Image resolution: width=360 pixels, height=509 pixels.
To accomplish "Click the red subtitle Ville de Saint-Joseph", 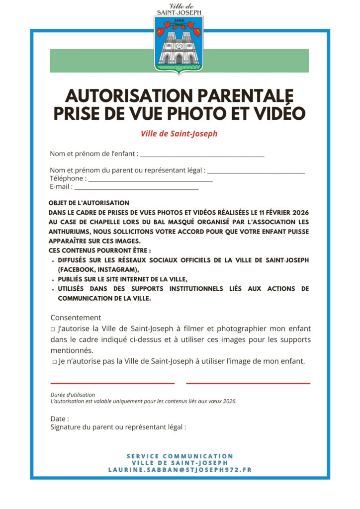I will click(x=179, y=134).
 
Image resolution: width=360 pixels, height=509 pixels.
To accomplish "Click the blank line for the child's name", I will click(x=202, y=156).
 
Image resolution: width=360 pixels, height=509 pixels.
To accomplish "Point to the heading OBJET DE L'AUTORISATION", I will click(x=89, y=203).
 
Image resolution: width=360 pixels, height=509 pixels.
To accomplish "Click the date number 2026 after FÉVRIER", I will click(x=297, y=213).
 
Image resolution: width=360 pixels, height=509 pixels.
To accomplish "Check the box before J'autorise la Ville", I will click(x=53, y=329).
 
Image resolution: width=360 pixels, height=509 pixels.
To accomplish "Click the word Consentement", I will click(x=76, y=318).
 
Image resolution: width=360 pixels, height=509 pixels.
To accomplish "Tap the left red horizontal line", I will click(x=112, y=383).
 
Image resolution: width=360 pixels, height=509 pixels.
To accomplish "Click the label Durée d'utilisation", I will click(x=73, y=395).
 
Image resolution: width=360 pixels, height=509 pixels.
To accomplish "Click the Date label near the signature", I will click(x=59, y=419).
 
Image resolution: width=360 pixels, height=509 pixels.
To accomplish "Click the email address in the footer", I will click(x=180, y=470).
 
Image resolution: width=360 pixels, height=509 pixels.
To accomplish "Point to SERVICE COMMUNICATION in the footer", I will click(x=180, y=456).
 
